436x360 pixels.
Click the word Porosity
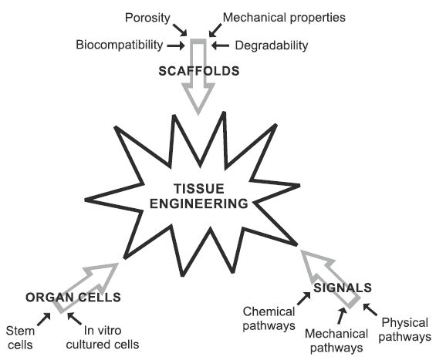pyautogui.click(x=147, y=19)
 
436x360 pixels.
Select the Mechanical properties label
pyautogui.click(x=284, y=18)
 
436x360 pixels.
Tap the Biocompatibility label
pyautogui.click(x=120, y=45)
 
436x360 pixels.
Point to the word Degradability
pyautogui.click(x=272, y=45)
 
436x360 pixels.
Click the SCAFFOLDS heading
pyautogui.click(x=199, y=71)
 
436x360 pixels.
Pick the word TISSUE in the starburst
pyautogui.click(x=199, y=189)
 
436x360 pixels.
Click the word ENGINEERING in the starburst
pyautogui.click(x=199, y=204)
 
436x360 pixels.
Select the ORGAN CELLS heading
pyautogui.click(x=73, y=298)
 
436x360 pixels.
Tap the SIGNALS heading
pyautogui.click(x=343, y=288)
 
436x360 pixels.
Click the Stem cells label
pyautogui.click(x=20, y=338)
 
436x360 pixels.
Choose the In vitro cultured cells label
pyautogui.click(x=103, y=338)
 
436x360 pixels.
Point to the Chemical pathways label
pyautogui.click(x=269, y=318)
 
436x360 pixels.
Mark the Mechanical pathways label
pyautogui.click(x=336, y=341)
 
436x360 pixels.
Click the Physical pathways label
pyautogui.click(x=404, y=330)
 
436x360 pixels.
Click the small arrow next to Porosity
pyautogui.click(x=180, y=30)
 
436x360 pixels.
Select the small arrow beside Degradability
pyautogui.click(x=220, y=45)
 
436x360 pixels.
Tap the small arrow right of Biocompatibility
pyautogui.click(x=176, y=45)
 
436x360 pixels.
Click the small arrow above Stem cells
pyautogui.click(x=44, y=319)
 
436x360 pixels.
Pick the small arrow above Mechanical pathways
pyautogui.click(x=342, y=316)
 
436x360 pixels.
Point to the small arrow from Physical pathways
pyautogui.click(x=370, y=309)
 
